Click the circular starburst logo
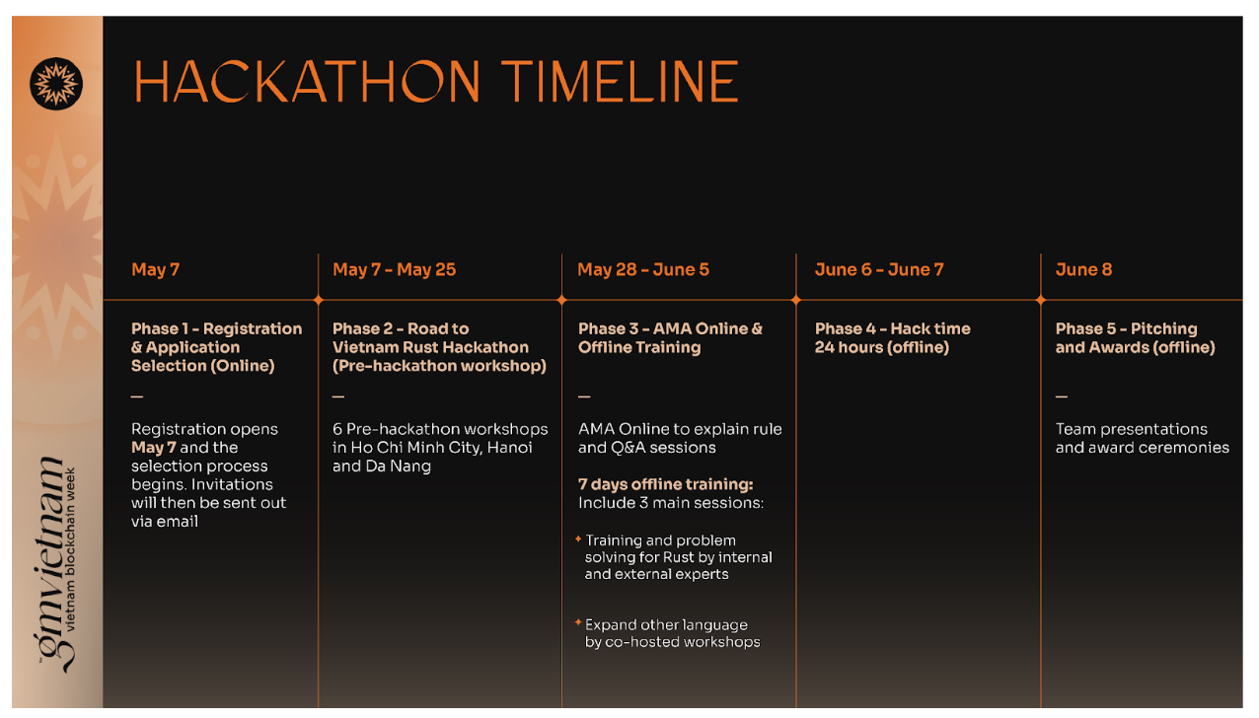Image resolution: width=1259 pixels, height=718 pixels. click(x=56, y=84)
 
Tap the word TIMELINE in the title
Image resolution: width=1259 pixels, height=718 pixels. click(x=620, y=82)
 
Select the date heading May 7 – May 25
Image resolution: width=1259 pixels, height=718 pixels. click(x=394, y=269)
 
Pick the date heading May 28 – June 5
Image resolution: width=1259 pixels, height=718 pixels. click(x=643, y=269)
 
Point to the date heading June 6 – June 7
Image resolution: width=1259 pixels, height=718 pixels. click(x=879, y=269)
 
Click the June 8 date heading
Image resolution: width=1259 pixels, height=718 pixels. click(x=1083, y=269)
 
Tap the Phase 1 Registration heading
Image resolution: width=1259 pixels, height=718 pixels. click(x=216, y=347)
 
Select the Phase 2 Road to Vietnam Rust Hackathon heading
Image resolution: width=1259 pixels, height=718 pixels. click(x=439, y=347)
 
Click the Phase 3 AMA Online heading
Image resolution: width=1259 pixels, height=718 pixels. click(x=670, y=337)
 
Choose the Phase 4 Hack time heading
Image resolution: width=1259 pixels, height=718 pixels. click(x=893, y=337)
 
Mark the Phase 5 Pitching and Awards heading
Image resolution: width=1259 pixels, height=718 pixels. click(x=1135, y=337)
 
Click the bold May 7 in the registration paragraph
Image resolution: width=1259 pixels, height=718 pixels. click(x=154, y=448)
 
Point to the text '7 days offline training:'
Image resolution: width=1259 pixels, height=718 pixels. click(x=665, y=484)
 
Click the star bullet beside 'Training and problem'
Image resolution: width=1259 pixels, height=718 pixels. click(x=578, y=538)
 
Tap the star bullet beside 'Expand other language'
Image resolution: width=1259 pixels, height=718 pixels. click(x=578, y=622)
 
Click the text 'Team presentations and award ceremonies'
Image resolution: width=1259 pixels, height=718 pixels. click(x=1143, y=438)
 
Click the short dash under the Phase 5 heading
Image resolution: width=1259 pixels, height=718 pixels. click(x=1061, y=396)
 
